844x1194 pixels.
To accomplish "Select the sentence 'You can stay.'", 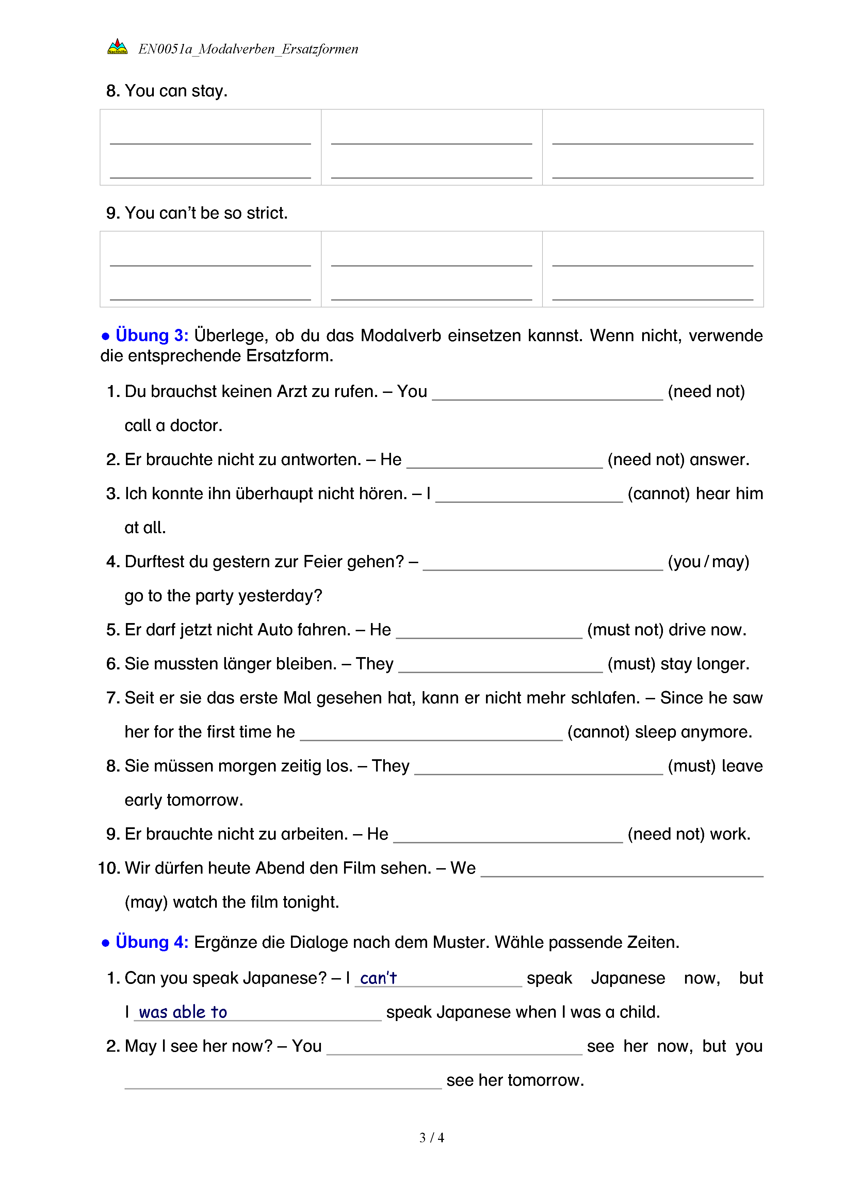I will (176, 91).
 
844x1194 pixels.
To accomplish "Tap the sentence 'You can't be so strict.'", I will (206, 213).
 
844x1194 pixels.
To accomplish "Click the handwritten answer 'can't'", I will (378, 978).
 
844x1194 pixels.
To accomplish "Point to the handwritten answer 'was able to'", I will (183, 1012).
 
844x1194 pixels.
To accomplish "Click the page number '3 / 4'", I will (431, 1137).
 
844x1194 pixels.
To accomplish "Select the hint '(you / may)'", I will (708, 562).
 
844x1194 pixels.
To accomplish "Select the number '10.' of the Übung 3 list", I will (109, 868).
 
